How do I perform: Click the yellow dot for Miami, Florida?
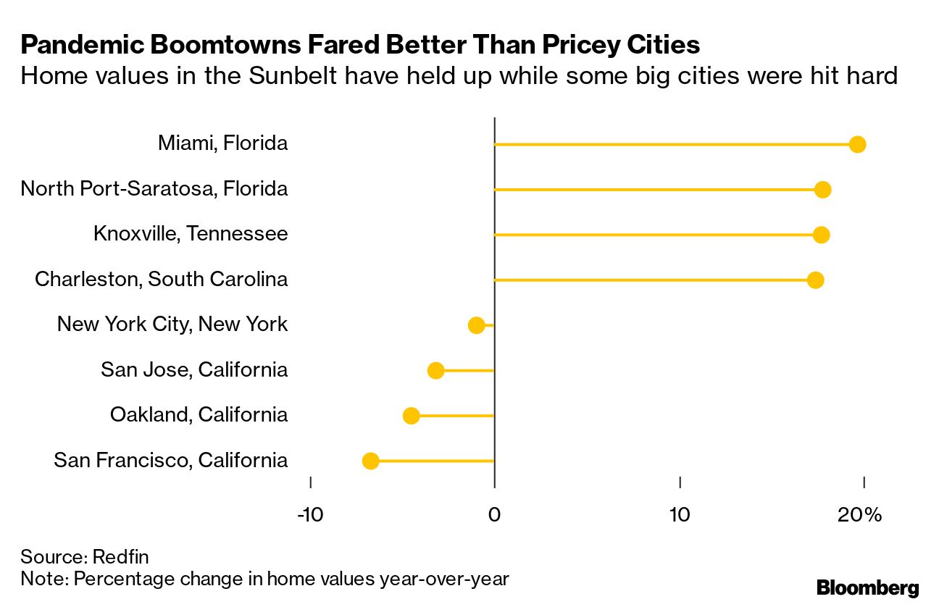point(857,144)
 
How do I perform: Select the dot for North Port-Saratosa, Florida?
point(822,190)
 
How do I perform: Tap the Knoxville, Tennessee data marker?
point(821,235)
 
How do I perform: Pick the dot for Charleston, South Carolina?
point(815,280)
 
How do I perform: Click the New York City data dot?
point(476,325)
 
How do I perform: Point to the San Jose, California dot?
point(435,371)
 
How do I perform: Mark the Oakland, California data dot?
point(411,416)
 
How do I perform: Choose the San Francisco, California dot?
point(370,461)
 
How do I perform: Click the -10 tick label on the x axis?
point(310,515)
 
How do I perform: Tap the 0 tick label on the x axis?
point(494,515)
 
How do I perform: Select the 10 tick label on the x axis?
point(679,515)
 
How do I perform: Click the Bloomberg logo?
point(867,587)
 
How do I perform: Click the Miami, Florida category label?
point(222,143)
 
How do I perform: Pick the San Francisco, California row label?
point(170,460)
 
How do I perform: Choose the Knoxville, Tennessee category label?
point(191,233)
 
